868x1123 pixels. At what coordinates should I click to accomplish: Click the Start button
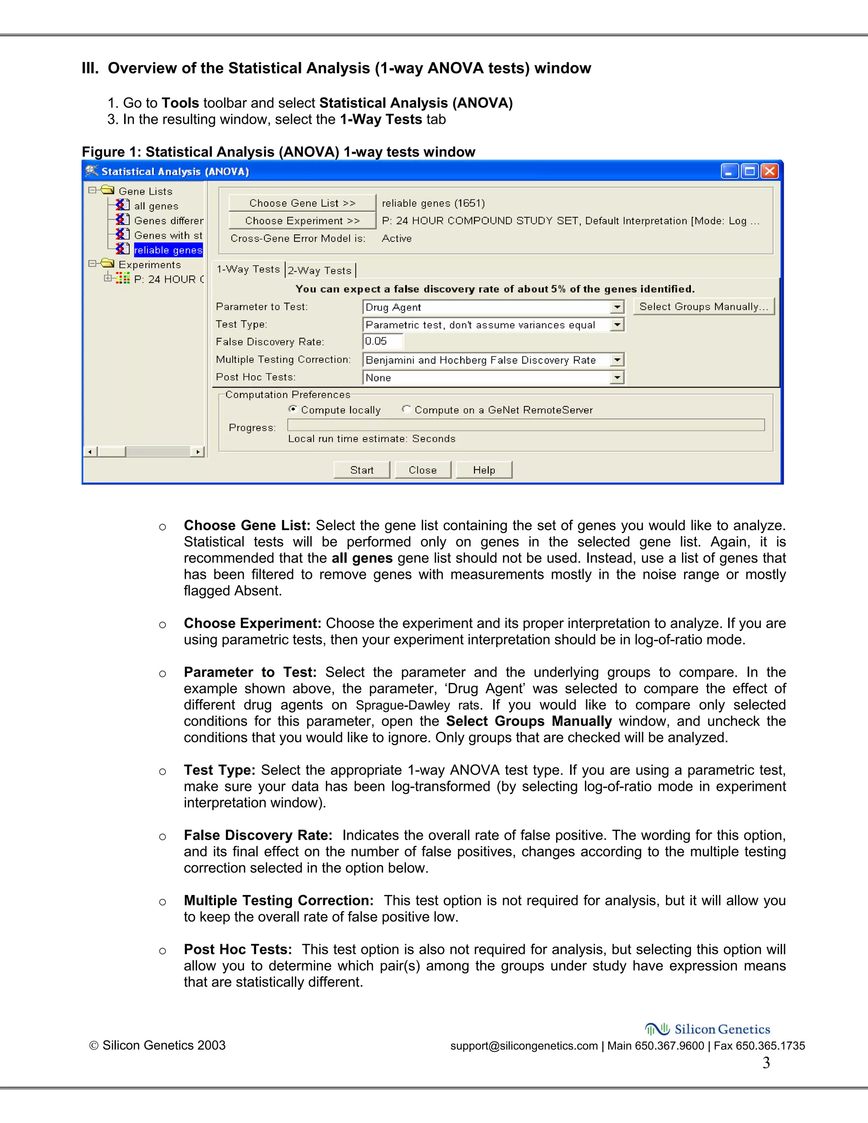pos(362,470)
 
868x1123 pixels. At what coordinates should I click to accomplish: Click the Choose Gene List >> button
pos(302,203)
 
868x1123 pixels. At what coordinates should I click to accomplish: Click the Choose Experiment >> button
pos(302,221)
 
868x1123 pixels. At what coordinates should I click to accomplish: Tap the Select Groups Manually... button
pos(703,306)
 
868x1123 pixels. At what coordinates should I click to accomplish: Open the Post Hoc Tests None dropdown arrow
pos(617,378)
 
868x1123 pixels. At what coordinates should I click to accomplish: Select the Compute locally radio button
pos(292,409)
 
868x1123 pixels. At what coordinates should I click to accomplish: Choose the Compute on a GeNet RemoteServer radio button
pos(406,409)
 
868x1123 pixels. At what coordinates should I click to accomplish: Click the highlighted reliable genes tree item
pos(168,250)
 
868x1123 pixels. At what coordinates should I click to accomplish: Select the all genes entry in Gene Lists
pos(156,206)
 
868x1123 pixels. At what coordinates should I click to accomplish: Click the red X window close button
pos(769,171)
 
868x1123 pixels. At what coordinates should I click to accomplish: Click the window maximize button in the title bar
pos(750,171)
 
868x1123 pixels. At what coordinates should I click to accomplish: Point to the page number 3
pos(766,1062)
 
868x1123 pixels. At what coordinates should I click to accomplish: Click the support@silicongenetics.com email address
pos(523,1046)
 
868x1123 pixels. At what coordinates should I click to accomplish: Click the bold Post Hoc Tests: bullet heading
pos(238,949)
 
